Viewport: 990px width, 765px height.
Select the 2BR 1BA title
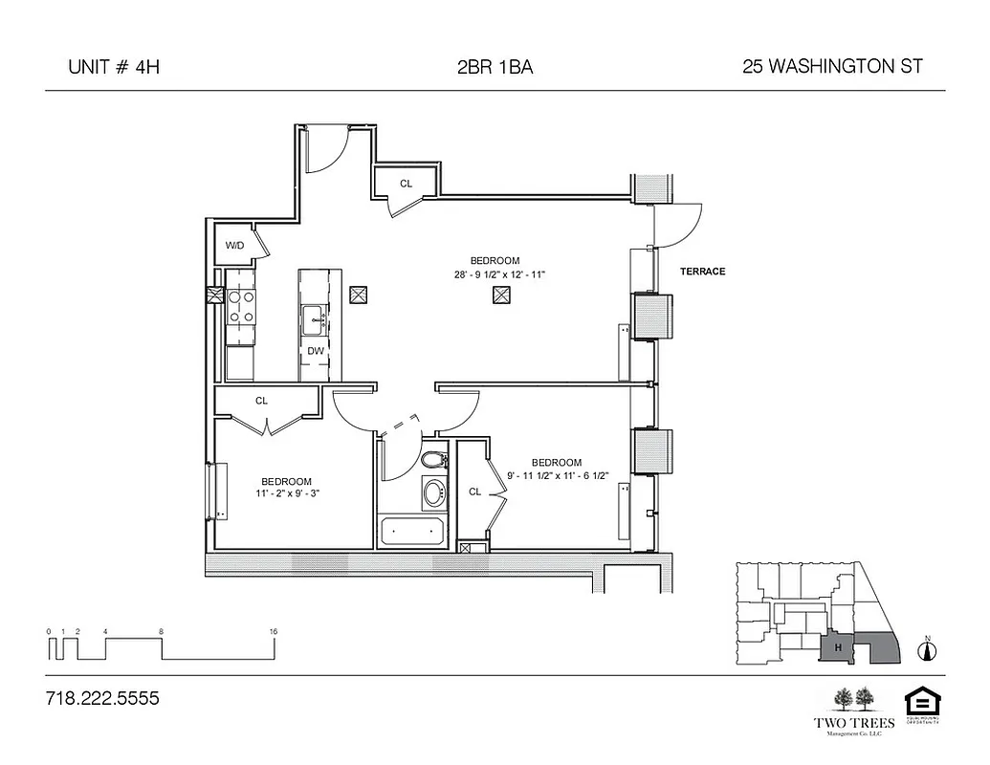pos(495,67)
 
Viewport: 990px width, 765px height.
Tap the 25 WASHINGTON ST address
pos(831,67)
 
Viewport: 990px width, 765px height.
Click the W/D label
pos(234,246)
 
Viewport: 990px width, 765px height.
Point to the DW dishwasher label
pos(315,351)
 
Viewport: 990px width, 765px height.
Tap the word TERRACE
pos(702,272)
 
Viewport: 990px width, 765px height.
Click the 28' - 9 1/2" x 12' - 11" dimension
pos(495,274)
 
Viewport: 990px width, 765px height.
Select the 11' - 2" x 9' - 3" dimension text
pos(286,493)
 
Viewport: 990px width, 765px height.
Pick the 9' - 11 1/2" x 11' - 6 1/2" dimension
pos(556,475)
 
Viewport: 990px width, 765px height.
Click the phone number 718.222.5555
pos(102,698)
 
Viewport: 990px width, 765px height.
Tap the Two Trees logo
pos(854,708)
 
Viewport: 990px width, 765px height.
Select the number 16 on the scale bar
pos(274,632)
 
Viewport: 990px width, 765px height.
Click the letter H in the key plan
pos(838,648)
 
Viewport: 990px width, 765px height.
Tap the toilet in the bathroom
pos(433,460)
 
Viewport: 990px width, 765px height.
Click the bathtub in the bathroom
pos(411,531)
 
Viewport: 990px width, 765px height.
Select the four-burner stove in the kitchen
pos(240,307)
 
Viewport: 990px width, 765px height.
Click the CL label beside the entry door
pos(406,184)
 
